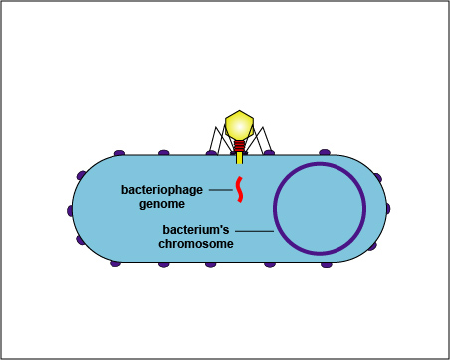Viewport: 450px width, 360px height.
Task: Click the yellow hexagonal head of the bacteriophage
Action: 240,125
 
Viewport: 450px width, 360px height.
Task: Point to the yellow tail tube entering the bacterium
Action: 240,157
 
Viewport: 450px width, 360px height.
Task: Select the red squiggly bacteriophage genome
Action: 239,187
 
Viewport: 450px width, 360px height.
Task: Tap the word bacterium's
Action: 197,229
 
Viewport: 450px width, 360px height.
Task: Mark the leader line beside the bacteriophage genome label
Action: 222,188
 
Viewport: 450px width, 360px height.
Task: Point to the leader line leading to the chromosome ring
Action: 255,230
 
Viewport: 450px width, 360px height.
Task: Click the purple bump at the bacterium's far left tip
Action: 71,210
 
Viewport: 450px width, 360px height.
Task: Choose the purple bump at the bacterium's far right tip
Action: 386,208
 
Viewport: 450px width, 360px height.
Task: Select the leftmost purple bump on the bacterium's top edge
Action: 120,153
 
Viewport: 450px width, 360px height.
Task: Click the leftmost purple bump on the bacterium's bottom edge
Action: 115,264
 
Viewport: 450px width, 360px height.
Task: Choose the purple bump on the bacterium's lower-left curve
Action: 80,241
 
